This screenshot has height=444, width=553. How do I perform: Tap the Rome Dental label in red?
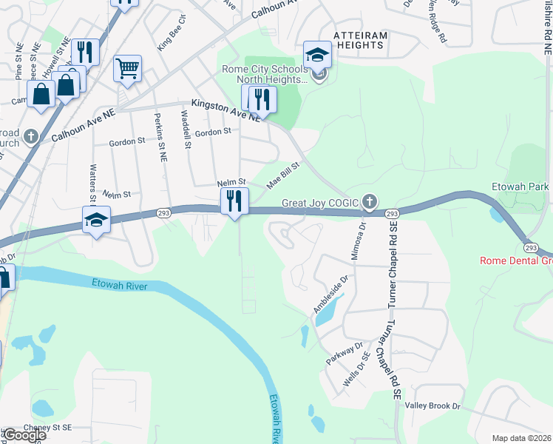click(x=516, y=260)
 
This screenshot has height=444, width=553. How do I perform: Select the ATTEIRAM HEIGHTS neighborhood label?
click(x=359, y=40)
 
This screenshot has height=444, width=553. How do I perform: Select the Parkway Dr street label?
click(x=344, y=354)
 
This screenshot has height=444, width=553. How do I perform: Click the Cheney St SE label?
click(x=47, y=427)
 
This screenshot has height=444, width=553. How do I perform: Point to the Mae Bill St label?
click(x=283, y=176)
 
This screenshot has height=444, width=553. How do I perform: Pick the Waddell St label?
click(x=186, y=130)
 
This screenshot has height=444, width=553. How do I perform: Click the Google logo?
click(x=24, y=435)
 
